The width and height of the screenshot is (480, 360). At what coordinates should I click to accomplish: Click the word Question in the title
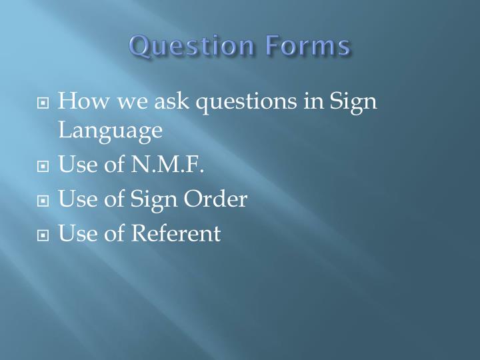pos(191,47)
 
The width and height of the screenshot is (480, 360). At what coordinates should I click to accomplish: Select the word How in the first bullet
pos(77,102)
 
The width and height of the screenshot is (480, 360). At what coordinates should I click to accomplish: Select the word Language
pos(110,131)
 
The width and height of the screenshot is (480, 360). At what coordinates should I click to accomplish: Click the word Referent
pos(175,233)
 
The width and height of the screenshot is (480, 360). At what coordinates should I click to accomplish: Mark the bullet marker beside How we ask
pos(43,104)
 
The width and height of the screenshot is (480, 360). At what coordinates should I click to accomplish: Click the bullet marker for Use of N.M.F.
pos(43,166)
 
